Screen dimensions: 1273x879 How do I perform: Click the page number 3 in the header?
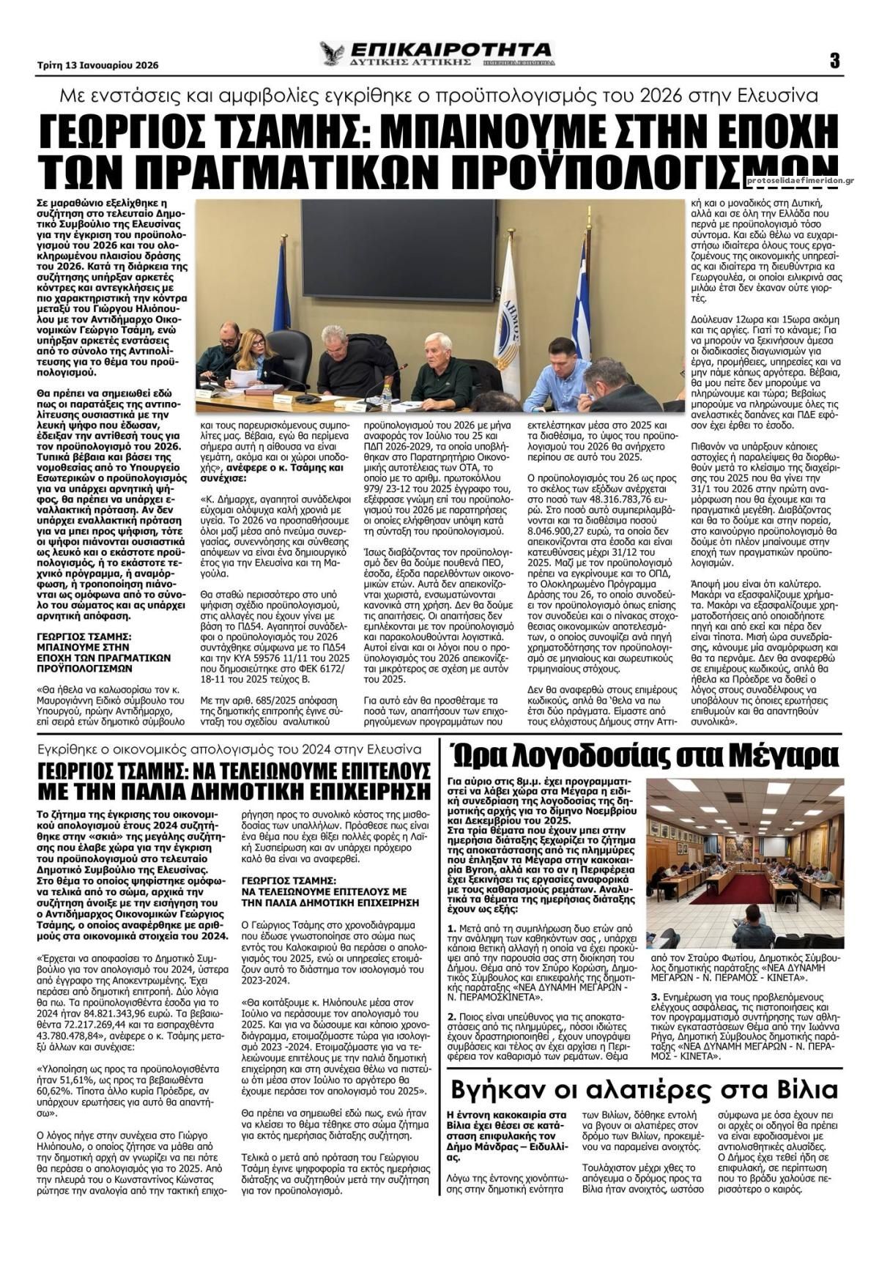pyautogui.click(x=834, y=61)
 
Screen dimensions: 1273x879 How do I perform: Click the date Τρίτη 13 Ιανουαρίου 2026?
pyautogui.click(x=97, y=64)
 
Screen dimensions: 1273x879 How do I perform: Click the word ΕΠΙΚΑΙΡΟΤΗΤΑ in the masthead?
pyautogui.click(x=451, y=49)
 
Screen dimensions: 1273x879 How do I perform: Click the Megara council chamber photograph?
pyautogui.click(x=744, y=863)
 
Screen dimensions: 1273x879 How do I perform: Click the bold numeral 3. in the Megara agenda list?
pyautogui.click(x=655, y=998)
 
